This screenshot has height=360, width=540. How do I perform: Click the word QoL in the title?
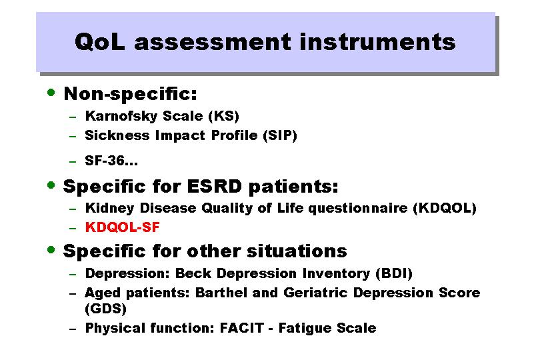[100, 42]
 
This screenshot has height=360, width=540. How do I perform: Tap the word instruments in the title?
[378, 42]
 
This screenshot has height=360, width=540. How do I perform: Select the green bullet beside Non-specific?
[51, 92]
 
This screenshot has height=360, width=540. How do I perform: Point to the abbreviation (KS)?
[223, 116]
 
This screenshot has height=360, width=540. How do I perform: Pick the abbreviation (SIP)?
[280, 135]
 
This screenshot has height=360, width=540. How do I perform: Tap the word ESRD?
[215, 187]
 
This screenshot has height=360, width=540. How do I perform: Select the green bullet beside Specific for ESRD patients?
[51, 185]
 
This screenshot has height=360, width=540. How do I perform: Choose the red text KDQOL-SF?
[122, 227]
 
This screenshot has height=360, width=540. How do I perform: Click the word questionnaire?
[358, 209]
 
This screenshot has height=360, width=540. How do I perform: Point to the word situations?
[297, 251]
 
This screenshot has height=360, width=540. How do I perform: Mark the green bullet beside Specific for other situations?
[51, 250]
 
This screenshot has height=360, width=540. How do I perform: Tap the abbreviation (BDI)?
[393, 273]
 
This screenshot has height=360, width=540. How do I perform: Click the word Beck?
[193, 273]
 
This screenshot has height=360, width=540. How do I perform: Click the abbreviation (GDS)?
[106, 308]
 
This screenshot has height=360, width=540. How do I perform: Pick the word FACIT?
[242, 328]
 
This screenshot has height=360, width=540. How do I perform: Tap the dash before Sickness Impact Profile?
[72, 137]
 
